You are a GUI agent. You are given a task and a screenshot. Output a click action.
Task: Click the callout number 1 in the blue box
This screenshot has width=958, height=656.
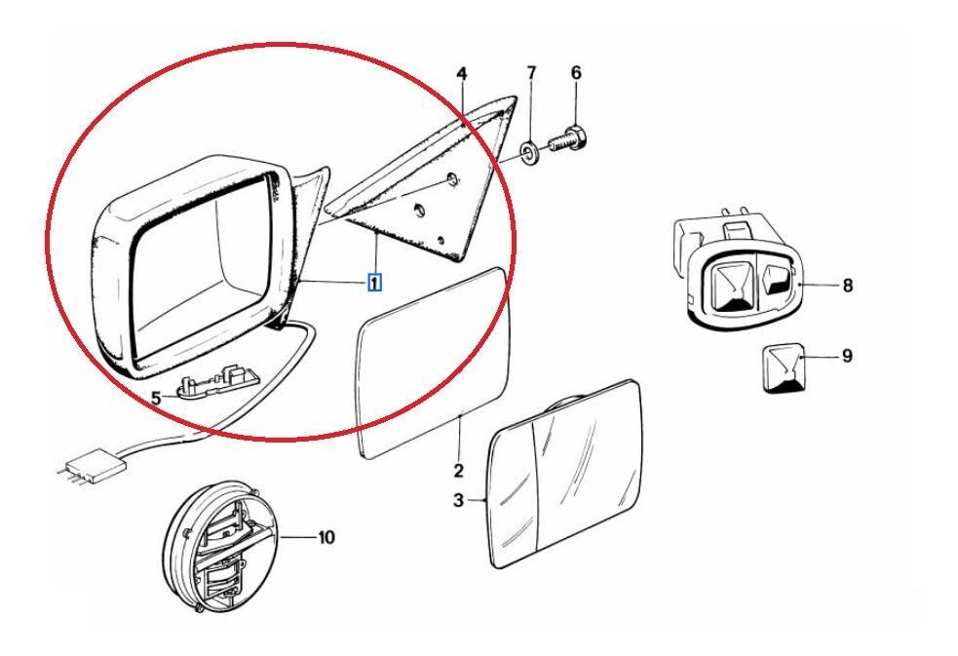(374, 283)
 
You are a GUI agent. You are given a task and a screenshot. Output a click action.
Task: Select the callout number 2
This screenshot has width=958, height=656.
(458, 472)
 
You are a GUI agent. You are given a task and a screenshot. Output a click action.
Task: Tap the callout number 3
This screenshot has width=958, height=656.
(459, 501)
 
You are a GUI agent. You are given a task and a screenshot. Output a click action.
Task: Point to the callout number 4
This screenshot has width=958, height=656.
(462, 74)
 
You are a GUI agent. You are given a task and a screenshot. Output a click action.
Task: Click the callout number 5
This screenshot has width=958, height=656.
(156, 397)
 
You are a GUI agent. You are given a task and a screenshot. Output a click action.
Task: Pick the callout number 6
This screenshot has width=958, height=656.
(575, 73)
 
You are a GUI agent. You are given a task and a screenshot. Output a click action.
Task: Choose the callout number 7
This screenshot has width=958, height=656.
(531, 73)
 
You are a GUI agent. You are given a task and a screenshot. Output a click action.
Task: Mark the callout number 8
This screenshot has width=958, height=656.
(847, 286)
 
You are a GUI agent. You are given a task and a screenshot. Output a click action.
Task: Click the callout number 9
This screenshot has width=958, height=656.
(847, 356)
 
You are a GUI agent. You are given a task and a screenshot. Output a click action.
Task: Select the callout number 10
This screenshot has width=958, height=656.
(326, 536)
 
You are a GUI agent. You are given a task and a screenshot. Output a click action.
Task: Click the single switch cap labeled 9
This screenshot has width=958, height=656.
(784, 367)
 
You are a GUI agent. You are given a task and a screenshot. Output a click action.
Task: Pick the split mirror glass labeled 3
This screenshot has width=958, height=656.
(565, 474)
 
